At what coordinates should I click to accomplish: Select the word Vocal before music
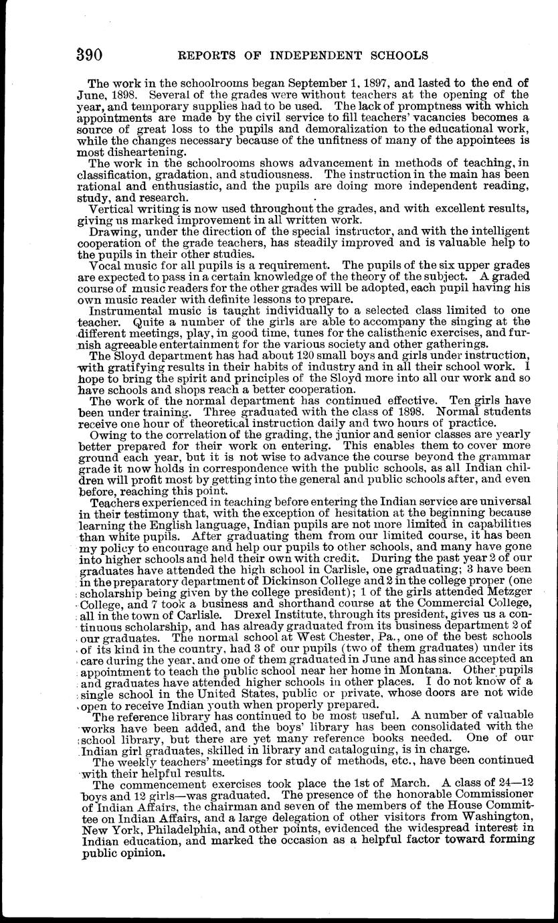click(106, 264)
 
